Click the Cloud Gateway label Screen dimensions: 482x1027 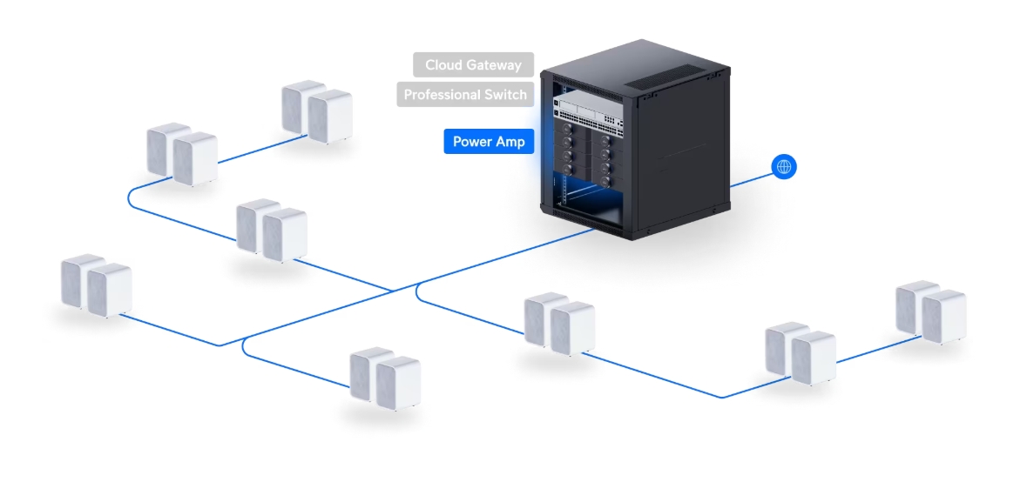473,64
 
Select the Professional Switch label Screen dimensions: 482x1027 465,94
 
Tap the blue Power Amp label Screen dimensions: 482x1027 489,142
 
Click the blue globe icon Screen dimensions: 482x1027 784,167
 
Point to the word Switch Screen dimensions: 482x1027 500,94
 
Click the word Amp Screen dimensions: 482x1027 510,142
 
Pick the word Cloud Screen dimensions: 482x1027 443,64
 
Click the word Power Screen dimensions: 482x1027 472,142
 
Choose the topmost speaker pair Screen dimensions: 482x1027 316,110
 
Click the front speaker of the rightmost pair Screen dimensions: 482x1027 943,318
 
